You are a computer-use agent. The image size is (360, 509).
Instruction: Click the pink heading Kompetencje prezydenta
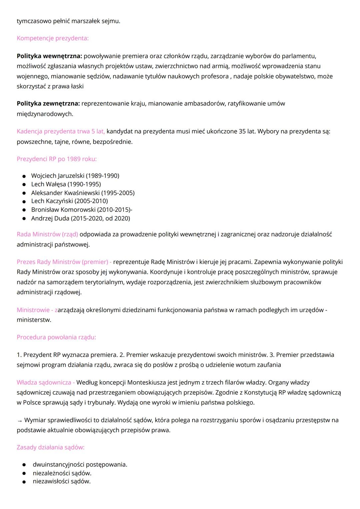click(53, 38)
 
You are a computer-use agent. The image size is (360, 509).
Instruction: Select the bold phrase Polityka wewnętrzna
click(49, 56)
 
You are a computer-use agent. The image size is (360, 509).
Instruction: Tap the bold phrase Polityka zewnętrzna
click(48, 103)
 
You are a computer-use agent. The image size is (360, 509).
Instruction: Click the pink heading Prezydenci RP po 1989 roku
click(57, 159)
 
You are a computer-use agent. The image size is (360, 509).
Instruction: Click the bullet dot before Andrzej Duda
click(24, 218)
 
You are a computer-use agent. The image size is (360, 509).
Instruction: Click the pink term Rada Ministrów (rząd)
click(47, 234)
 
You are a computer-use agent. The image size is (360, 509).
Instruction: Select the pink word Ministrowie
click(33, 310)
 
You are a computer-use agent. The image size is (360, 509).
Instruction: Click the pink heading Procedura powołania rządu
click(56, 337)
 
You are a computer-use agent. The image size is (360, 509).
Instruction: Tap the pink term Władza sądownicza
click(44, 382)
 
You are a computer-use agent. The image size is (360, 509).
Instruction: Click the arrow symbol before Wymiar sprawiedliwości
click(20, 420)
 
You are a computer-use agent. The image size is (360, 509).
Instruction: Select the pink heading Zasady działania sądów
click(51, 447)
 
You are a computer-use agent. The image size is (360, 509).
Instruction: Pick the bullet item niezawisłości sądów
click(62, 481)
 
